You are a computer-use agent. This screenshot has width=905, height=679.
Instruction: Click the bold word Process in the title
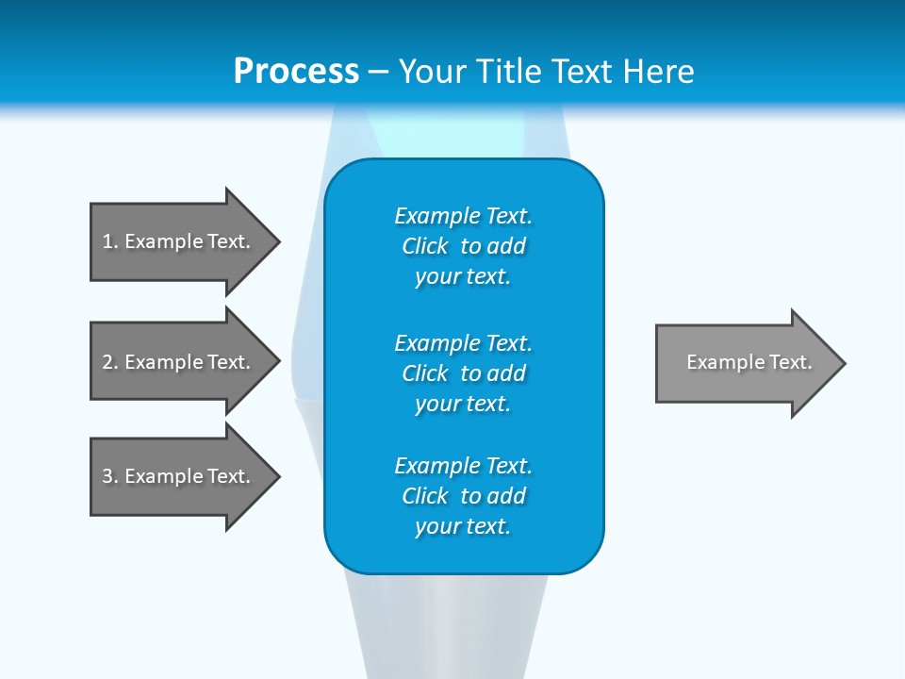[x=296, y=72]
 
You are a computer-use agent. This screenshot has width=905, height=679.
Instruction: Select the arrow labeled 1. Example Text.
[x=179, y=241]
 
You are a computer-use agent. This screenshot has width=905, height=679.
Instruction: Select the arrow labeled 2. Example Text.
[x=179, y=362]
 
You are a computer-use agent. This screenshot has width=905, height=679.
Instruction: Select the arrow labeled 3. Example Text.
[x=179, y=476]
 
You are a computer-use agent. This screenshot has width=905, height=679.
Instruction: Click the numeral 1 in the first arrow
[x=107, y=241]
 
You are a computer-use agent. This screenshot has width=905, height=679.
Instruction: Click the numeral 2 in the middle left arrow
[x=107, y=362]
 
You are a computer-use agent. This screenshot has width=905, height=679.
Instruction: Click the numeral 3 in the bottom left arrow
[x=107, y=476]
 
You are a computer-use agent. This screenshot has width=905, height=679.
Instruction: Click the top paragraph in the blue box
[x=463, y=246]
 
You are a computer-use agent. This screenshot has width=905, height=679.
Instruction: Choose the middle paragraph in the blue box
[x=463, y=373]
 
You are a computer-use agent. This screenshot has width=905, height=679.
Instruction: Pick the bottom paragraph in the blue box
[x=463, y=496]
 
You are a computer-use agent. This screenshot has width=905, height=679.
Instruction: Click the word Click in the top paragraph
[x=424, y=246]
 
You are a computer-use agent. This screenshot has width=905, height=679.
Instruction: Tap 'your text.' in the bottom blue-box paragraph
[x=463, y=526]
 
